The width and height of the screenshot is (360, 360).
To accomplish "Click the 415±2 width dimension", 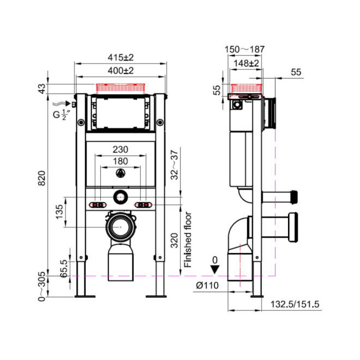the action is [121, 58].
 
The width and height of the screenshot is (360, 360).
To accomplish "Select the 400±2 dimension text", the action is [121, 71].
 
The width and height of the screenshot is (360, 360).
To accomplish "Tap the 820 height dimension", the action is [42, 178].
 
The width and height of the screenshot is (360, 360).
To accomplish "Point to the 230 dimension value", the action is [121, 149].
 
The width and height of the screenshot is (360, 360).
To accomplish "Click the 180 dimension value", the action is [121, 161].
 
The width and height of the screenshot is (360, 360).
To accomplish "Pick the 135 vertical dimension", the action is [59, 212].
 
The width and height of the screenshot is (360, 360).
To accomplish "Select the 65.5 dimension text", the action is [64, 268].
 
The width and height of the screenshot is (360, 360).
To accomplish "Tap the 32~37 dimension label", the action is [175, 165].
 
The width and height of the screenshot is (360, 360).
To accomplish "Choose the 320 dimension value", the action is [175, 241].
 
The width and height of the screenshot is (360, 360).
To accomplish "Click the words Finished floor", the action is [188, 239].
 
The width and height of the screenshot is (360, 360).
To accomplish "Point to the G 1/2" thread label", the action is [61, 115].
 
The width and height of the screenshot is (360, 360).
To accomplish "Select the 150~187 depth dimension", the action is [244, 49].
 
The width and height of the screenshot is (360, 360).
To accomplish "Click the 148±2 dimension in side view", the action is [246, 63].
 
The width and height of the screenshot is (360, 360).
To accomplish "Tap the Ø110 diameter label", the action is [207, 285].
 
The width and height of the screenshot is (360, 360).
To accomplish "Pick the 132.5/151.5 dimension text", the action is [295, 304].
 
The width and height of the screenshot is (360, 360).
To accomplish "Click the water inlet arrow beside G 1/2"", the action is [61, 104].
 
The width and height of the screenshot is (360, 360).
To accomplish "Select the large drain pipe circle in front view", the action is [120, 227].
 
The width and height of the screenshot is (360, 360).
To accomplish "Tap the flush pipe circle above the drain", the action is [120, 197].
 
